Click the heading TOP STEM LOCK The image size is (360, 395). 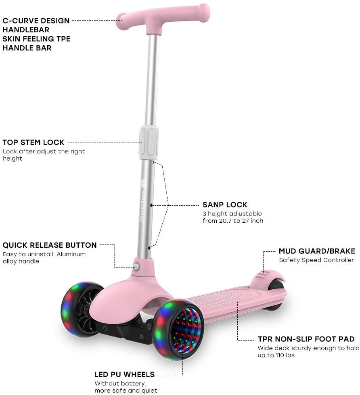coord(33,142)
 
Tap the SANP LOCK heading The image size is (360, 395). coord(225,205)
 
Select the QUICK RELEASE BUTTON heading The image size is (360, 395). coord(50,245)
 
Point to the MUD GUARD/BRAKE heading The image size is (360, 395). coord(317,251)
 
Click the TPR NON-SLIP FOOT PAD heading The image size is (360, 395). coord(306,339)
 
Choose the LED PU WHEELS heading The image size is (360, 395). coord(124,374)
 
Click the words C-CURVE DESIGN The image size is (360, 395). coord(36,21)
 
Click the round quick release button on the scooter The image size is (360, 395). coord(136,267)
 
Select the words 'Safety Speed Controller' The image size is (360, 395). coord(316,260)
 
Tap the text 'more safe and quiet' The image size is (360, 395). coord(126,391)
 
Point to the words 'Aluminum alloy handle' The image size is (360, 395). coord(44,257)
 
